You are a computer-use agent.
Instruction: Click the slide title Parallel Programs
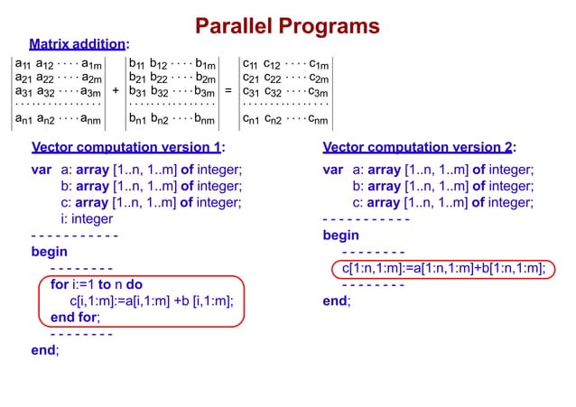(x=287, y=26)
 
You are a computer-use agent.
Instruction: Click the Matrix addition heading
(x=79, y=42)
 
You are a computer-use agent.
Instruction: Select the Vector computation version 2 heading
(x=420, y=148)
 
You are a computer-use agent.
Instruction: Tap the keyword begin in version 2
(x=341, y=236)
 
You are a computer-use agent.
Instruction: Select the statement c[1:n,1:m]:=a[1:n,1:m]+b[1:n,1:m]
(x=442, y=268)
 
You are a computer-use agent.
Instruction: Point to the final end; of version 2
(x=337, y=301)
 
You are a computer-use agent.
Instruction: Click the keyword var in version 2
(x=334, y=170)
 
